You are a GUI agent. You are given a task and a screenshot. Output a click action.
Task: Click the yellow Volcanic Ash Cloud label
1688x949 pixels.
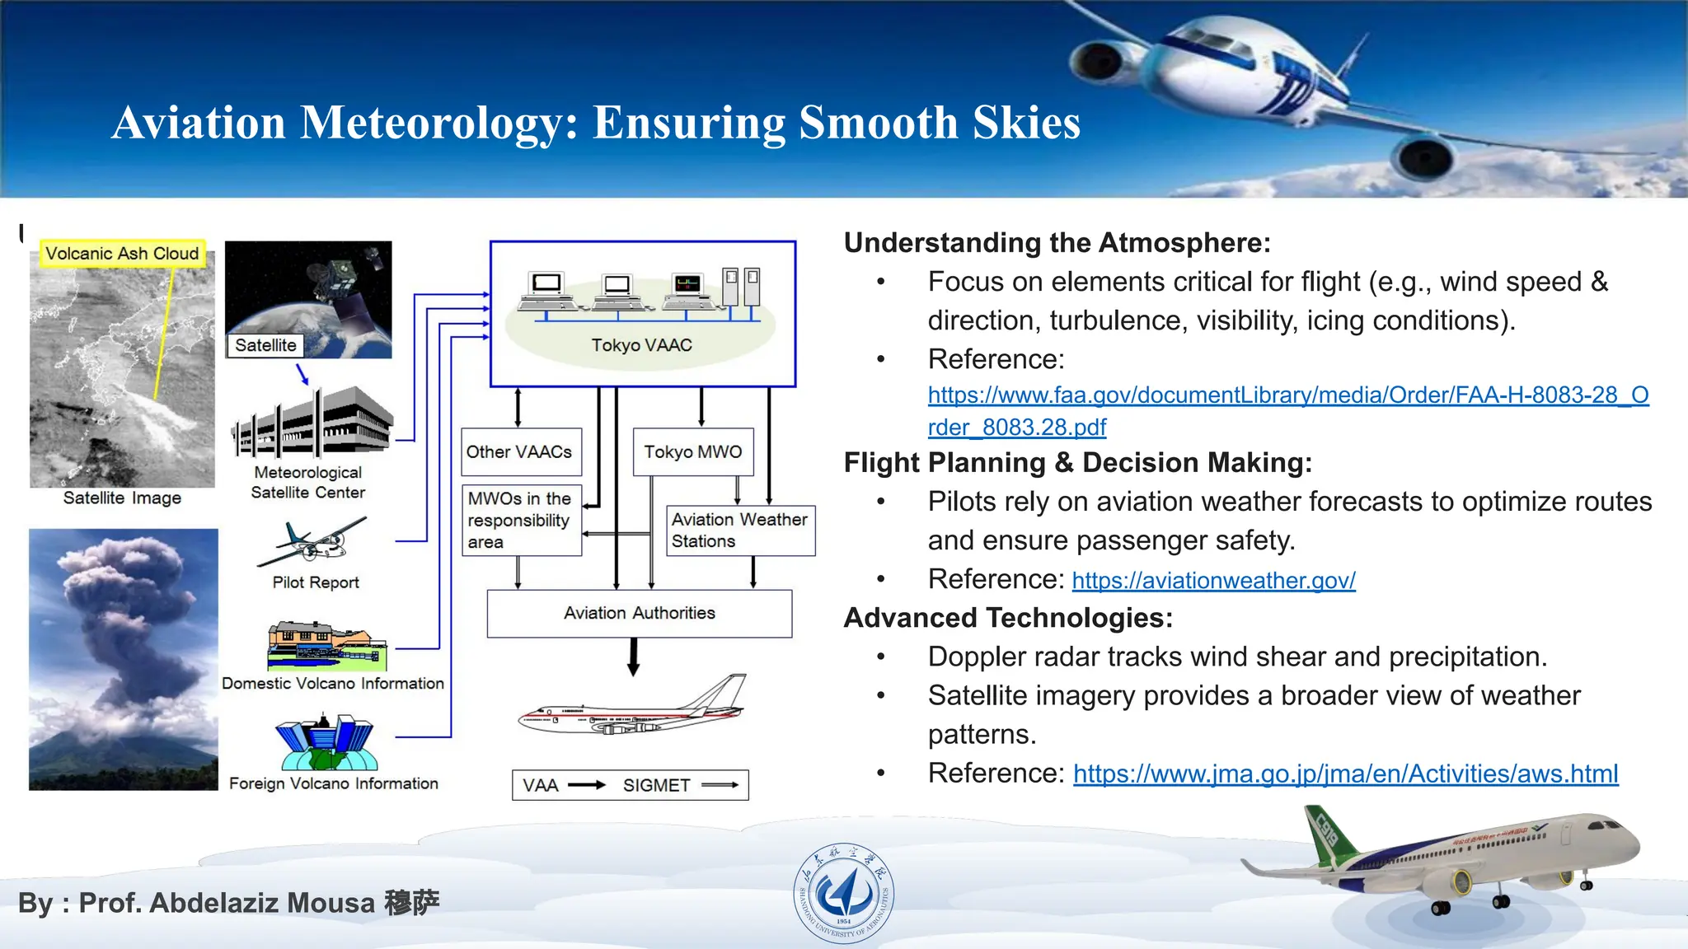pyautogui.click(x=122, y=254)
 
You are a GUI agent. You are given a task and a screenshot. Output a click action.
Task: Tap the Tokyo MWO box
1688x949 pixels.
pyautogui.click(x=692, y=451)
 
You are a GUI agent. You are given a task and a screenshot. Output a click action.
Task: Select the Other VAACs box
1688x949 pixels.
pyautogui.click(x=521, y=451)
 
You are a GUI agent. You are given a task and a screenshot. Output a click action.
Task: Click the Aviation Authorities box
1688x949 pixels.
pyautogui.click(x=639, y=613)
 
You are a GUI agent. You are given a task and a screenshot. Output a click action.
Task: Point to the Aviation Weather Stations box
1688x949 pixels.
pyautogui.click(x=739, y=531)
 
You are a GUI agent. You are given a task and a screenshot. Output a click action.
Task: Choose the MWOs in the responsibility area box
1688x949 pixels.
pyautogui.click(x=521, y=521)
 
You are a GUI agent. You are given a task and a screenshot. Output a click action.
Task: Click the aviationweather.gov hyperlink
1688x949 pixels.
pyautogui.click(x=1213, y=581)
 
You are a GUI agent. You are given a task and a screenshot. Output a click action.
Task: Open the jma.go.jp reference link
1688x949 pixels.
pyautogui.click(x=1345, y=774)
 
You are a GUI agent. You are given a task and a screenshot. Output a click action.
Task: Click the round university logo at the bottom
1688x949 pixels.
pyautogui.click(x=843, y=893)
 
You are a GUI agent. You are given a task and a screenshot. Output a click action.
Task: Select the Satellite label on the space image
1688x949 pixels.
pyautogui.click(x=265, y=345)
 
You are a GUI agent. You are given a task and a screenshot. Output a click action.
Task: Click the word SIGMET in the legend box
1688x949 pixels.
pyautogui.click(x=656, y=785)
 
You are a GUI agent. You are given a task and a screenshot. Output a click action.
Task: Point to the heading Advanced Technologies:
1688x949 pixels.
pyautogui.click(x=1008, y=618)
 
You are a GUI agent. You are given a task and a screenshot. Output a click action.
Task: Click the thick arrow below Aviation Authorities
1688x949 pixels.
pyautogui.click(x=633, y=657)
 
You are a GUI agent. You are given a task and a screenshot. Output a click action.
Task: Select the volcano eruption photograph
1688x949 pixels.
pyautogui.click(x=124, y=659)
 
